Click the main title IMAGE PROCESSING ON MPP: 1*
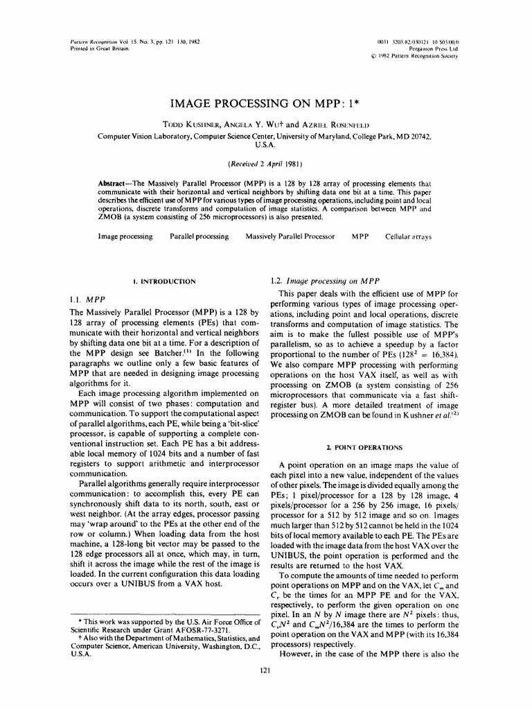click(265, 103)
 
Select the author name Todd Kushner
click(188, 125)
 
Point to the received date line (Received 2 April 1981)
click(265, 164)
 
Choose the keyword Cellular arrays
click(408, 236)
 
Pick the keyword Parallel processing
click(199, 236)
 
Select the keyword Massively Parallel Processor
click(290, 236)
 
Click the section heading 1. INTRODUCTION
click(164, 282)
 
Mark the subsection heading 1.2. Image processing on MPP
click(324, 282)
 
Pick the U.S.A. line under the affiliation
click(265, 146)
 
